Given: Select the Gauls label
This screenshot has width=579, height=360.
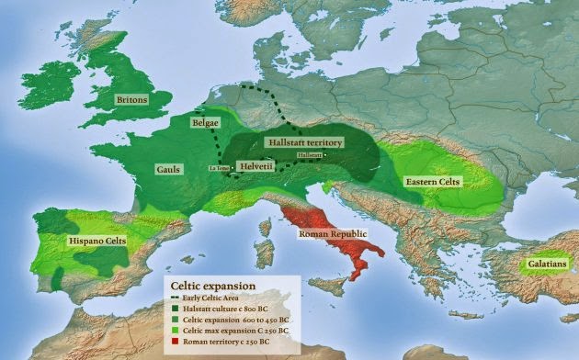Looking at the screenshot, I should point(169,170).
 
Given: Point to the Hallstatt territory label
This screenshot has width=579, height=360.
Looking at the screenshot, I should point(303,143).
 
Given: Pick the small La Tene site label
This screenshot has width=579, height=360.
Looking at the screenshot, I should point(219,168).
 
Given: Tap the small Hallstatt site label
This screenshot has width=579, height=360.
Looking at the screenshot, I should point(310,156).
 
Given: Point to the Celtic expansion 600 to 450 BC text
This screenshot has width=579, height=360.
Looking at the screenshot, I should point(236,320).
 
